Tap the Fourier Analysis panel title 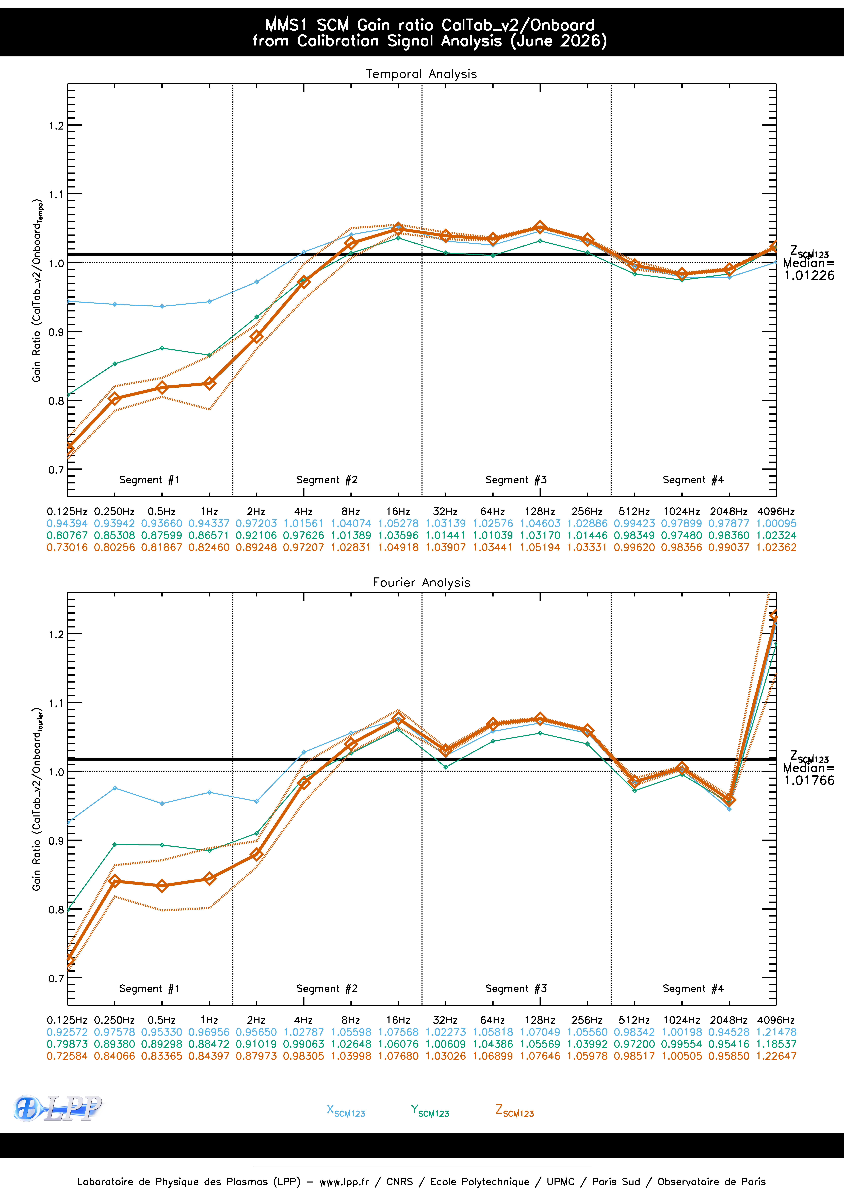(x=421, y=582)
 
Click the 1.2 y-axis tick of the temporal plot (x=56, y=125)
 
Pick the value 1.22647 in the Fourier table (x=776, y=1056)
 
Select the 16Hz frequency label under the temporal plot (x=398, y=511)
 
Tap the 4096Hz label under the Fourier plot (x=776, y=1020)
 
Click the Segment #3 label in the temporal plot (x=516, y=480)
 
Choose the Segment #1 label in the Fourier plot (x=149, y=988)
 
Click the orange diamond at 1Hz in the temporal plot (x=209, y=383)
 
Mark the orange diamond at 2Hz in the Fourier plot (x=256, y=855)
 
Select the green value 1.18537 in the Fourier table (x=776, y=1044)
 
